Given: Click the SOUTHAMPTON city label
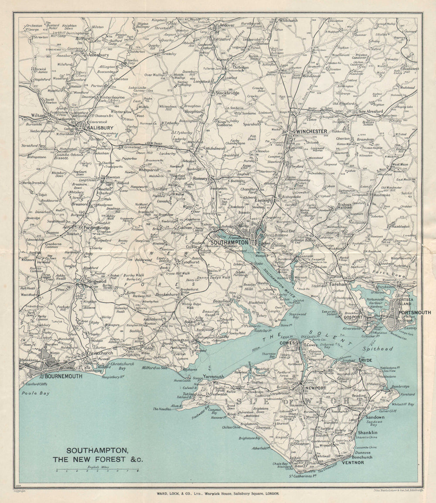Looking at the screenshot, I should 229,242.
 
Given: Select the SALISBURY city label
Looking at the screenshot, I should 100,128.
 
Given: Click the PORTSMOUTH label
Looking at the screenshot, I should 414,312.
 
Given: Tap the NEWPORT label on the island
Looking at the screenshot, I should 315,388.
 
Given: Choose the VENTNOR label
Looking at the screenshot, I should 352,462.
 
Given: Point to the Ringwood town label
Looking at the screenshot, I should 96,282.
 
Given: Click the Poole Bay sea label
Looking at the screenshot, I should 36,393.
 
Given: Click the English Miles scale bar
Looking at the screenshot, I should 97,470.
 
